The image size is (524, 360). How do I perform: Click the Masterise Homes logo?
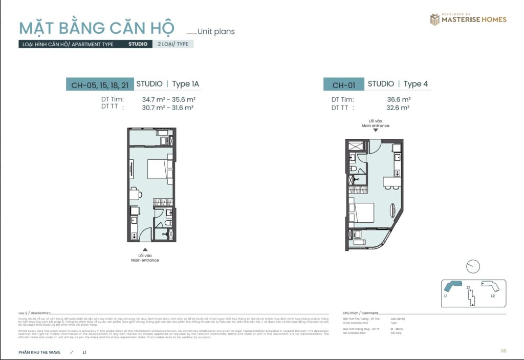pos(468,19)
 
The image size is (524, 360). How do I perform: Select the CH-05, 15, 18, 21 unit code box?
pos(100,84)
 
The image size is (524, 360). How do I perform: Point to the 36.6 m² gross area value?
pos(399,99)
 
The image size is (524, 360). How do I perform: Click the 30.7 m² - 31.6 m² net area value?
pos(169,108)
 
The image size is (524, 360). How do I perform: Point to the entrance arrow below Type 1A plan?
pos(145,249)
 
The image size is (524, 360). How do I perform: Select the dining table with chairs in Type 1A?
pos(134,194)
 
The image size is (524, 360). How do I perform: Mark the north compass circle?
pos(473,266)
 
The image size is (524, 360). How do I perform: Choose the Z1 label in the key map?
pos(468,287)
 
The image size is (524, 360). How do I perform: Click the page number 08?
pos(504,351)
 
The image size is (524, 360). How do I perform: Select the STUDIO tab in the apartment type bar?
pos(138,44)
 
